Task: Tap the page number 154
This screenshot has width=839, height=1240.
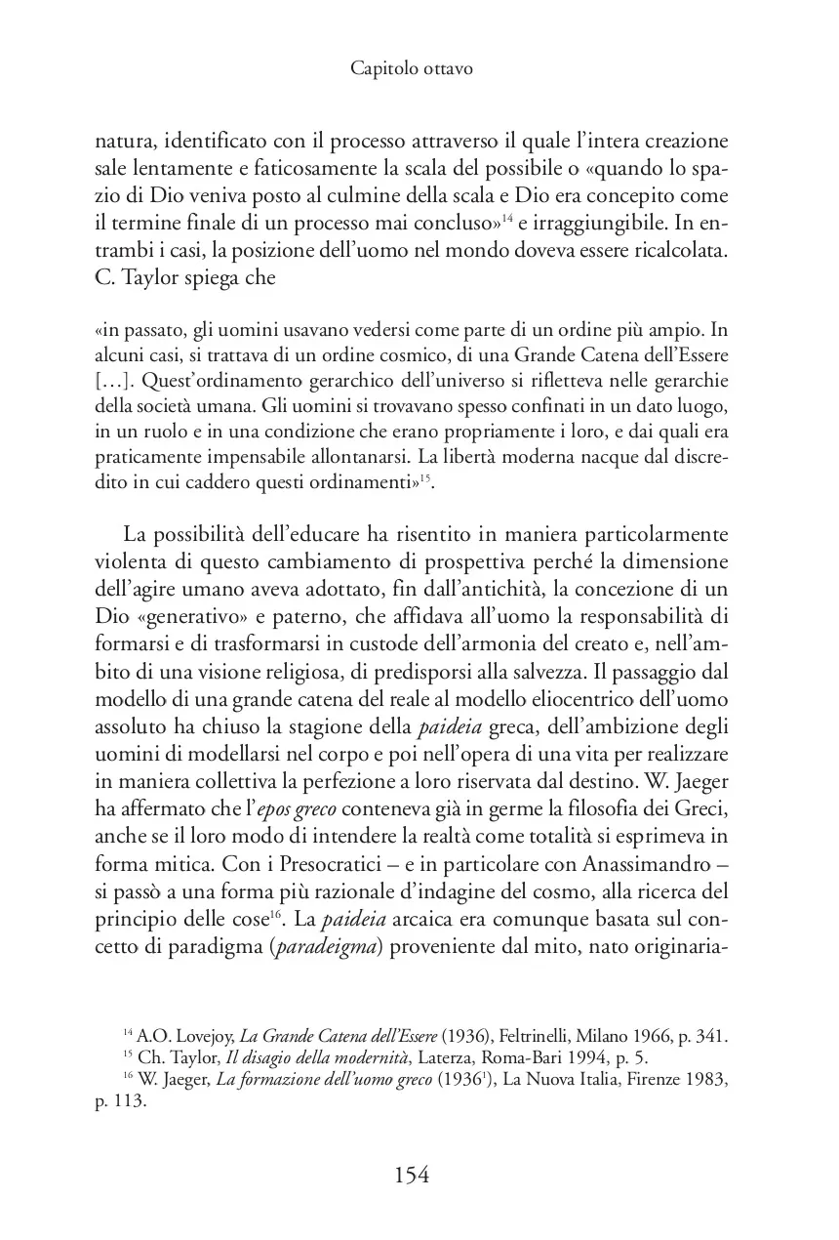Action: [412, 1175]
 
